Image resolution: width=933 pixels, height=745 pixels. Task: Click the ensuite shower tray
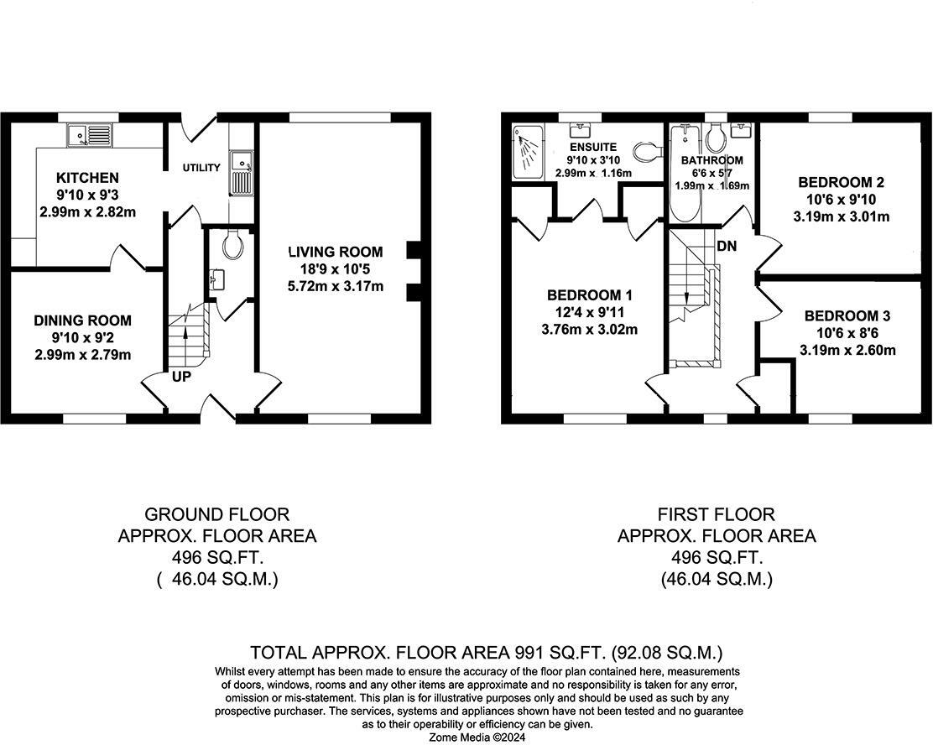[528, 151]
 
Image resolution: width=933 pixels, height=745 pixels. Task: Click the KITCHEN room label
[87, 177]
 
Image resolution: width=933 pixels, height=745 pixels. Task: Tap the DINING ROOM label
[83, 320]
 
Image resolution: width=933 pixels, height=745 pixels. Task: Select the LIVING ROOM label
[336, 252]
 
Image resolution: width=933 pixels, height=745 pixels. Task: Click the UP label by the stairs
[181, 377]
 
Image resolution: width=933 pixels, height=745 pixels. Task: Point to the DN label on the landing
[727, 245]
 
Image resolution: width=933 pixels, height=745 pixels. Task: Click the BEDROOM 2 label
[842, 182]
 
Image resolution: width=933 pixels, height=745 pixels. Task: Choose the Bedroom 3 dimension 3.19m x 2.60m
[847, 350]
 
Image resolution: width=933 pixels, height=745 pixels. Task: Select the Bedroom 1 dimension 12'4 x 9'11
[590, 312]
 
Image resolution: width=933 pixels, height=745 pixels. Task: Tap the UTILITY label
[201, 168]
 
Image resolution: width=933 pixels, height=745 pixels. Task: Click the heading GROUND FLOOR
[217, 514]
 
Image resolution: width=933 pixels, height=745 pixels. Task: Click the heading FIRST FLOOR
[717, 514]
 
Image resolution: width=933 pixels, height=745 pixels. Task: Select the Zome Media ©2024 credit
[477, 737]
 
